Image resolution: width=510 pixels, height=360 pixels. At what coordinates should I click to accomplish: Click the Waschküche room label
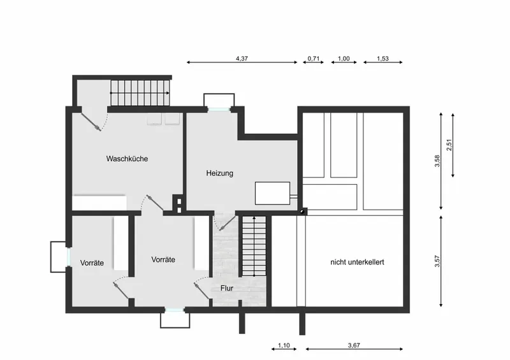tap(127, 159)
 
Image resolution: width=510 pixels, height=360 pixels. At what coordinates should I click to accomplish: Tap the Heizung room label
tap(219, 173)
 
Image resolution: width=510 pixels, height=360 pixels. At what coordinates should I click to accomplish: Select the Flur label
tap(227, 288)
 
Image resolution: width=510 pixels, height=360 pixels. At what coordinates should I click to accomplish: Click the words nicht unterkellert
tap(357, 262)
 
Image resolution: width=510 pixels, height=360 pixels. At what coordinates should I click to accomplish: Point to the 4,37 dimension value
tap(242, 59)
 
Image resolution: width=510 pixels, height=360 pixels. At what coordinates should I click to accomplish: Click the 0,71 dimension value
tap(314, 59)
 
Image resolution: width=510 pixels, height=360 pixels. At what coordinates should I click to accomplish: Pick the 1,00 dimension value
tap(344, 59)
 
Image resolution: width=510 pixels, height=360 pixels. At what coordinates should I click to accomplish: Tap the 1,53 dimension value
tap(383, 59)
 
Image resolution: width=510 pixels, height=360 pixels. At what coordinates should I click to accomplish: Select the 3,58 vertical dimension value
tap(437, 161)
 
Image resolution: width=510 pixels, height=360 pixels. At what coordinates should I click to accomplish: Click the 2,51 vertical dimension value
tap(449, 145)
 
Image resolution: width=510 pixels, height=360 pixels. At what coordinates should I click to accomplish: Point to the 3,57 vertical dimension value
tap(437, 261)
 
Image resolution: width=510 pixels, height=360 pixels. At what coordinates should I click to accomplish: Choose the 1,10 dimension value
tap(284, 345)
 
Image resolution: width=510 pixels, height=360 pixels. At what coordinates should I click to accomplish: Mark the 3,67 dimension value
tap(354, 345)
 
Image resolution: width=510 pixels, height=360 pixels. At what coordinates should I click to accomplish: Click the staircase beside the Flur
tap(254, 246)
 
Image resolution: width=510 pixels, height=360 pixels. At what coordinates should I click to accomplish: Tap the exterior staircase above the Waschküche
tap(140, 93)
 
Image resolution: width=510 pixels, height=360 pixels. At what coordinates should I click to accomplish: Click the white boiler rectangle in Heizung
tap(272, 193)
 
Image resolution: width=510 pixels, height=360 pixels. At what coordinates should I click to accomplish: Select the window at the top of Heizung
tap(219, 110)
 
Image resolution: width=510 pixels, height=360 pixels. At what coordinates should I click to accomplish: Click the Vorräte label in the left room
tap(92, 263)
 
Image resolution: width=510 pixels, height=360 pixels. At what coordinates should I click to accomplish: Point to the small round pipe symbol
tap(302, 212)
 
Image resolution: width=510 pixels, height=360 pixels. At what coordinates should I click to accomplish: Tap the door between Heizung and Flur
tap(228, 223)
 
